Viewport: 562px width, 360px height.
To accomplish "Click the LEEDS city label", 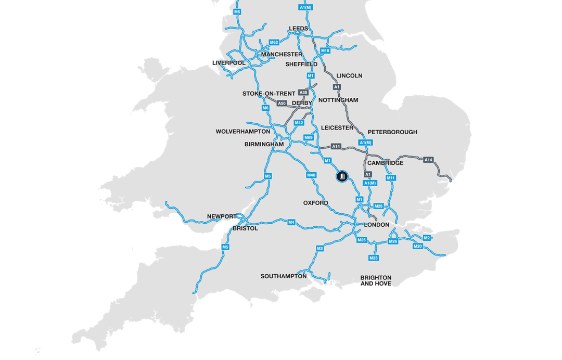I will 299,29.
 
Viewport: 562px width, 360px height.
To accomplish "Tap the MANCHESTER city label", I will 282,54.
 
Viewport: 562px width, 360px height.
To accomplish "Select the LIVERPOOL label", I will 229,63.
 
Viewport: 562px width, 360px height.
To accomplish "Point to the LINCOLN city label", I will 349,75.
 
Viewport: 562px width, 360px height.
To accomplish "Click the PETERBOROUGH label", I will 392,132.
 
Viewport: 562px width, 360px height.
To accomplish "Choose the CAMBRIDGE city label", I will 386,163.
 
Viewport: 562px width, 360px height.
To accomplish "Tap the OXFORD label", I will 316,203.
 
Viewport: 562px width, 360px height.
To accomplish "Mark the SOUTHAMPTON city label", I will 284,276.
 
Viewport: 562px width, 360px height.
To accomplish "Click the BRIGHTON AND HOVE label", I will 376,281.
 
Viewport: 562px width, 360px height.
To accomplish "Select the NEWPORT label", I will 222,216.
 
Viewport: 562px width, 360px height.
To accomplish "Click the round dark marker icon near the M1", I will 342,177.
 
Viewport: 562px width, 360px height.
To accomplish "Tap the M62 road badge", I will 274,43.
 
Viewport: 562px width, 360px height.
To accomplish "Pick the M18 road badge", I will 325,51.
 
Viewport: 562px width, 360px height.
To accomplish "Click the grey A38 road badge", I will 303,93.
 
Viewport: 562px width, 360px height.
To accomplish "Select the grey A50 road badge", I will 282,104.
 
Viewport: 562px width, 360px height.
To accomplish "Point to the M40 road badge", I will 311,175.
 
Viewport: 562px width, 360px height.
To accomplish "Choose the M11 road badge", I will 391,178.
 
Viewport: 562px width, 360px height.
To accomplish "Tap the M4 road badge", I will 291,223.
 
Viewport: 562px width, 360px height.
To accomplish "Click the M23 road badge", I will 373,258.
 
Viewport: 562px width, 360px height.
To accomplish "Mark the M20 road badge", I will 417,246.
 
